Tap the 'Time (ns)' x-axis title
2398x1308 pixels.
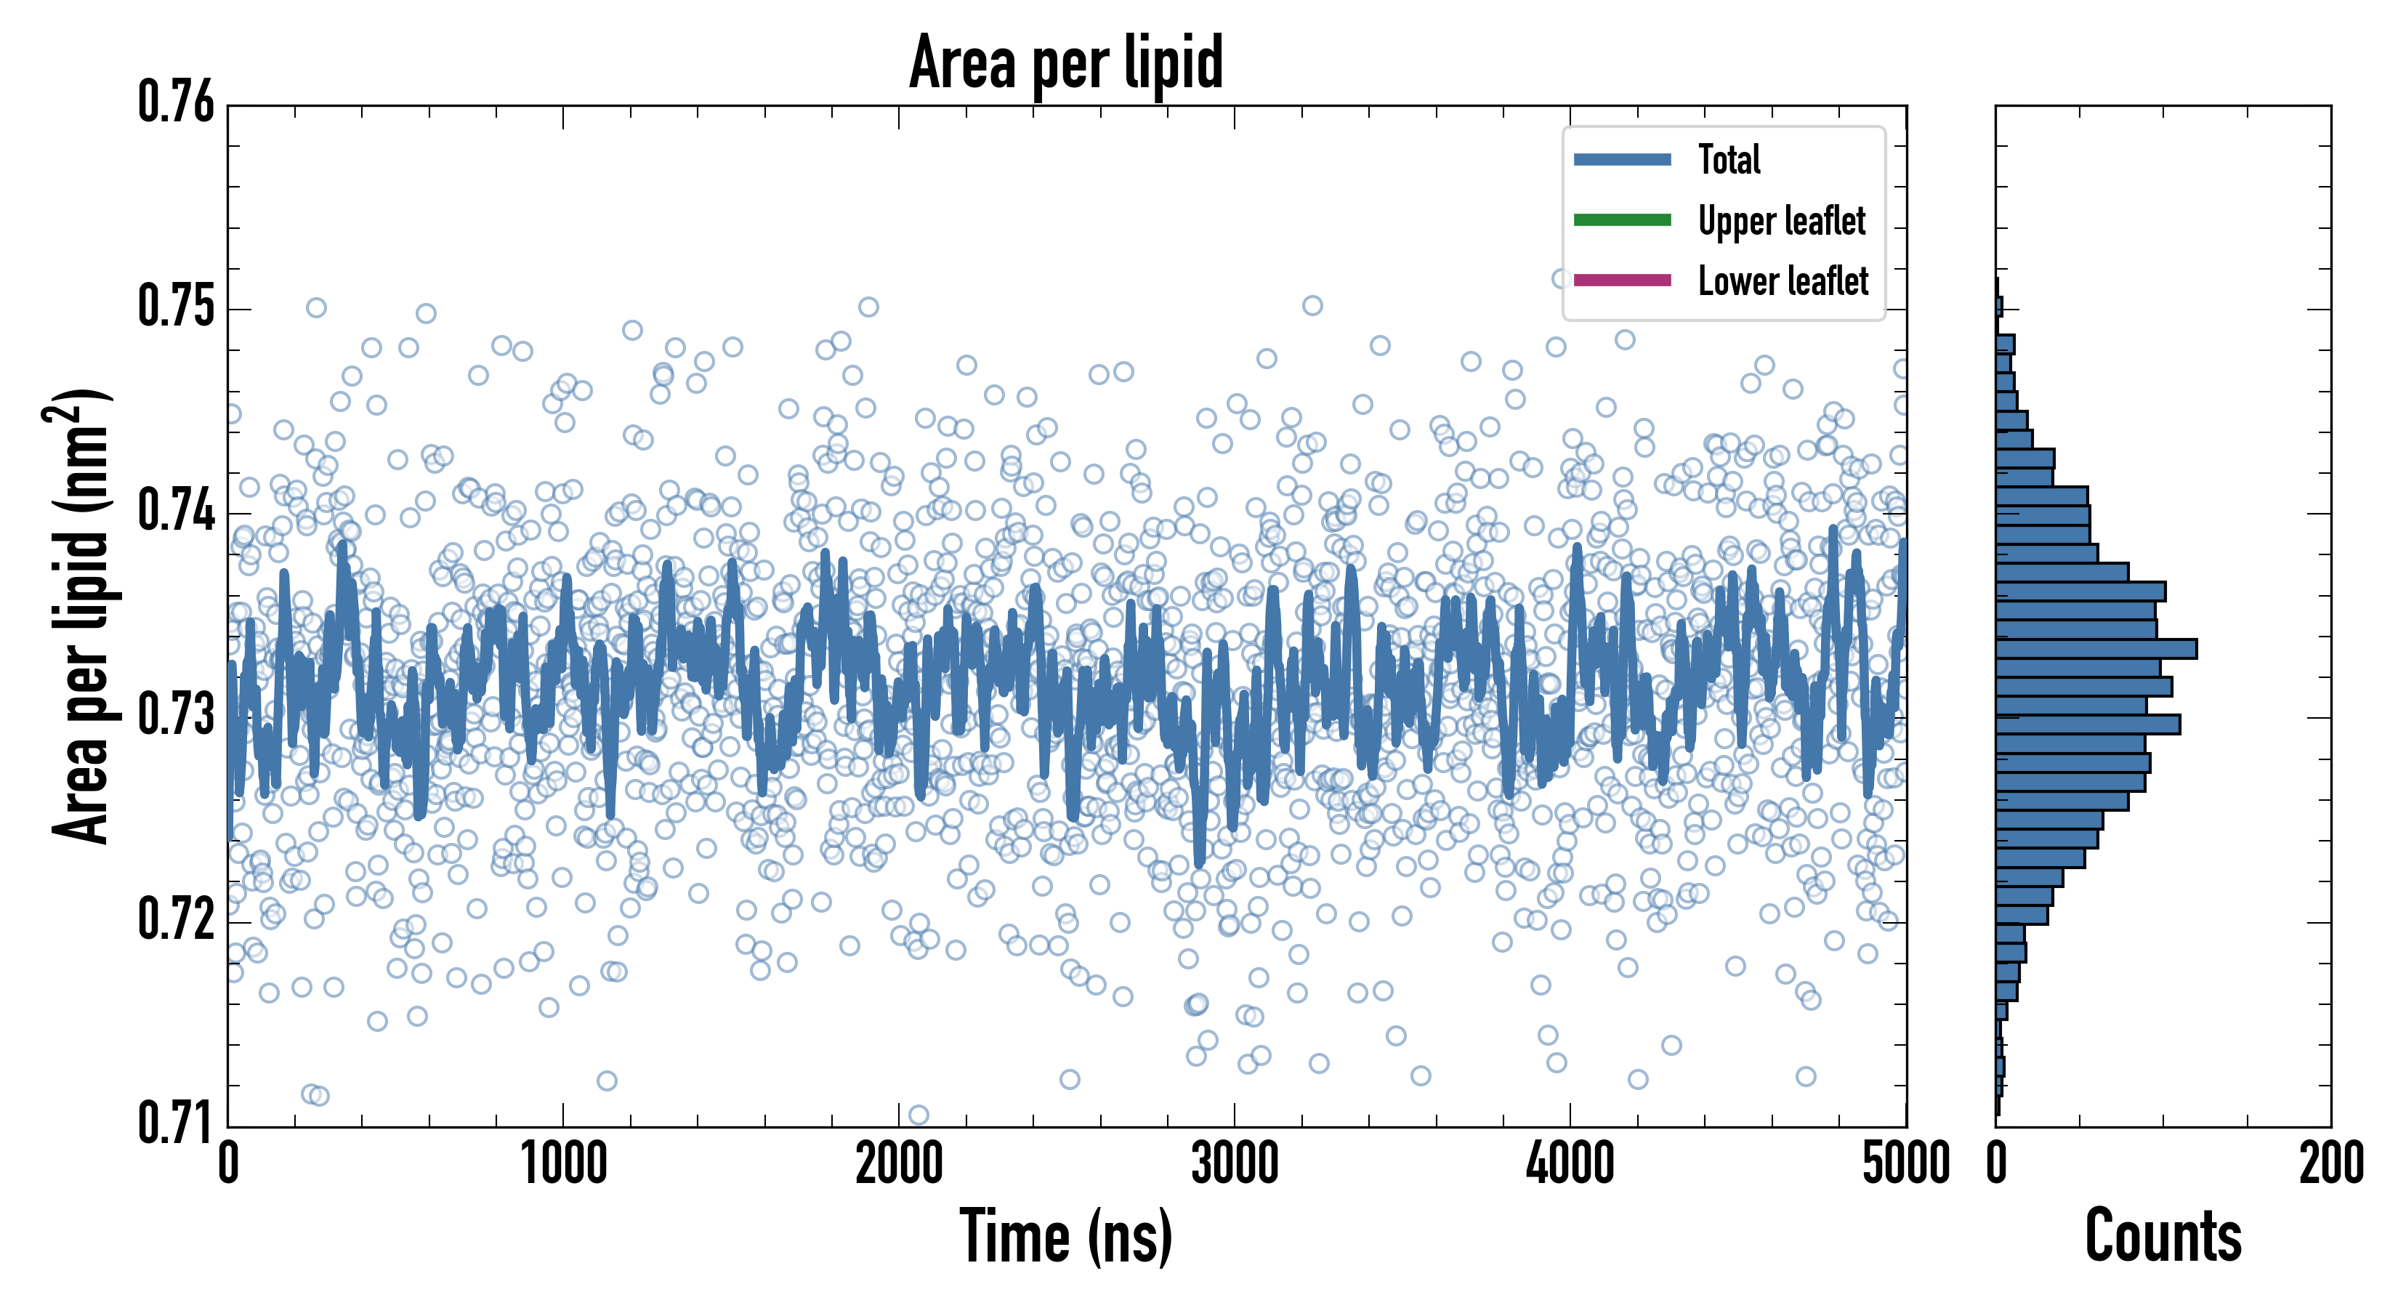pos(1066,1235)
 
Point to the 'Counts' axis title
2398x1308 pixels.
pos(2163,1235)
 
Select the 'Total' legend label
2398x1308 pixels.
pos(1729,159)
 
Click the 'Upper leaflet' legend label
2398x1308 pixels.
pos(1781,221)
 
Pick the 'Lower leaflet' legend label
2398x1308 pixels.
pos(1783,281)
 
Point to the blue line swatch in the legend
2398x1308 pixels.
pos(1622,159)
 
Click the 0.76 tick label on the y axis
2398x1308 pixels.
pos(176,102)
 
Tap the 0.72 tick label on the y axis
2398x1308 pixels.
pos(176,920)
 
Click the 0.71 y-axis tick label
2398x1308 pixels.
pos(176,1123)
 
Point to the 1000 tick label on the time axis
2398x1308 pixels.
pos(563,1163)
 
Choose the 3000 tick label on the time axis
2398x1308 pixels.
pos(1235,1163)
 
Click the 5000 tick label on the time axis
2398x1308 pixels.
pos(1905,1163)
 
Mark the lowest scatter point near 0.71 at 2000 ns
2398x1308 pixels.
pos(918,1115)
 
